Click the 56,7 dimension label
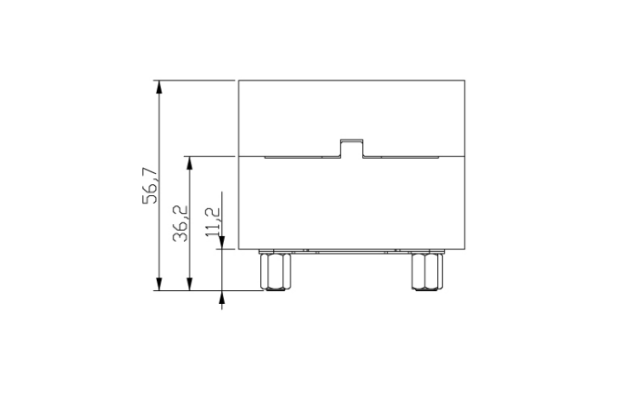point(150,185)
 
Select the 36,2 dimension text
point(180,223)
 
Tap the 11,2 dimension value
point(213,222)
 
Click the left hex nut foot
point(275,271)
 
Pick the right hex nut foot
point(427,271)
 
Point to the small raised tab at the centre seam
point(351,148)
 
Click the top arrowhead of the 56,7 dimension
point(159,86)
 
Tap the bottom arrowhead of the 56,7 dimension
point(159,284)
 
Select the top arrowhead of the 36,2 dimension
point(188,163)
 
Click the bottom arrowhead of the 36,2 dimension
point(188,284)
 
